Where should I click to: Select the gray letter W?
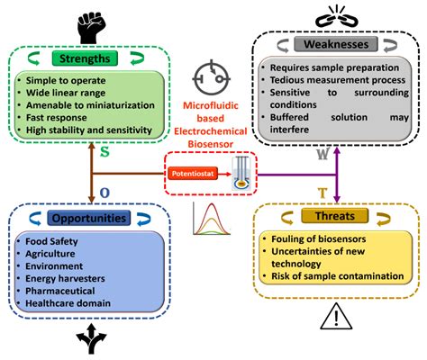[321, 154]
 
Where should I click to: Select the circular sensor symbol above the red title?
[213, 75]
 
